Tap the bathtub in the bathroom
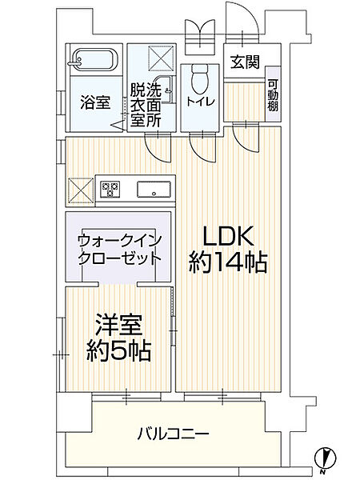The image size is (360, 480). [94, 60]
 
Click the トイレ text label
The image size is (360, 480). [198, 102]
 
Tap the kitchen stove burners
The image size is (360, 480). [110, 190]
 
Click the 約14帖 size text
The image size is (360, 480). [228, 262]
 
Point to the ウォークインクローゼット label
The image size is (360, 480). [119, 249]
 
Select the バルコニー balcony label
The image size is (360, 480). [173, 434]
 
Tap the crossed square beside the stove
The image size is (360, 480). [81, 190]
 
